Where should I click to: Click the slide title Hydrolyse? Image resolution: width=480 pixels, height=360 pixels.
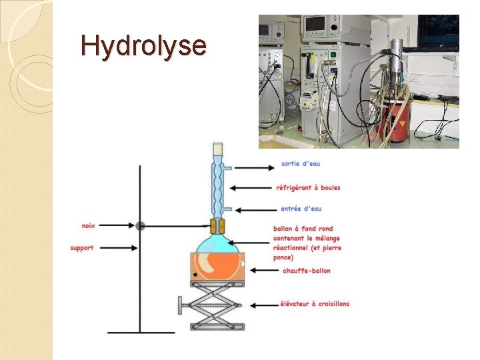pyautogui.click(x=143, y=46)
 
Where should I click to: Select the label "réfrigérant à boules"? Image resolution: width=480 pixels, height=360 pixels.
pyautogui.click(x=308, y=187)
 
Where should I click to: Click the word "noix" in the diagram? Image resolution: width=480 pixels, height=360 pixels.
pyautogui.click(x=88, y=226)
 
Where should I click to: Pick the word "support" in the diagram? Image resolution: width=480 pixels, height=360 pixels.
pyautogui.click(x=82, y=248)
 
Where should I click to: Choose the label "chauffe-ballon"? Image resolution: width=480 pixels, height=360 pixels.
pyautogui.click(x=307, y=271)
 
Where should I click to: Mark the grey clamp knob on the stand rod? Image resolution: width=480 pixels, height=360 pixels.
pyautogui.click(x=140, y=226)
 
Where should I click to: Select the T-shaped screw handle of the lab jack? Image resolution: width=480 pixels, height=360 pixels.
pyautogui.click(x=181, y=307)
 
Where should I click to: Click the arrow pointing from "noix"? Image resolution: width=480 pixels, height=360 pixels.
pyautogui.click(x=117, y=226)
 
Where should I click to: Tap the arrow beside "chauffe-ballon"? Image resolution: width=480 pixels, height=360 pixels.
pyautogui.click(x=263, y=271)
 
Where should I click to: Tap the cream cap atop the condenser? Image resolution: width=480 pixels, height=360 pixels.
pyautogui.click(x=218, y=150)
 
